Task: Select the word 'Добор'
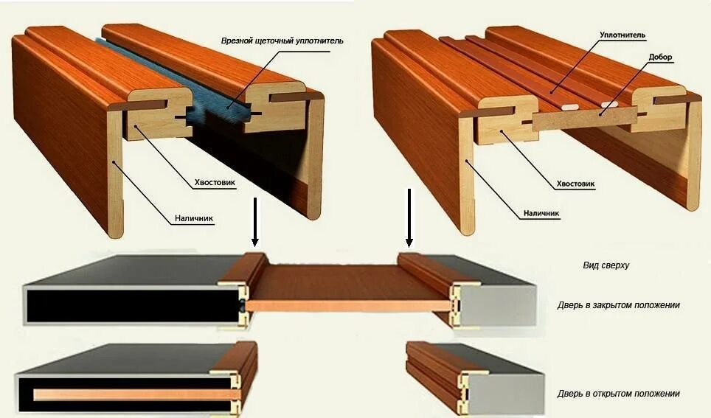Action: coord(661,57)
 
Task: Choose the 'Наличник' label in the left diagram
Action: coord(195,218)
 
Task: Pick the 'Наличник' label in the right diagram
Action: coord(541,214)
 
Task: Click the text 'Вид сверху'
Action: coord(606,265)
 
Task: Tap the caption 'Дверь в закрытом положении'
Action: coord(618,304)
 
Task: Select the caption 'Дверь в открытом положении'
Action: coord(618,394)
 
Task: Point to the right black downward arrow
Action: coord(409,217)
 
